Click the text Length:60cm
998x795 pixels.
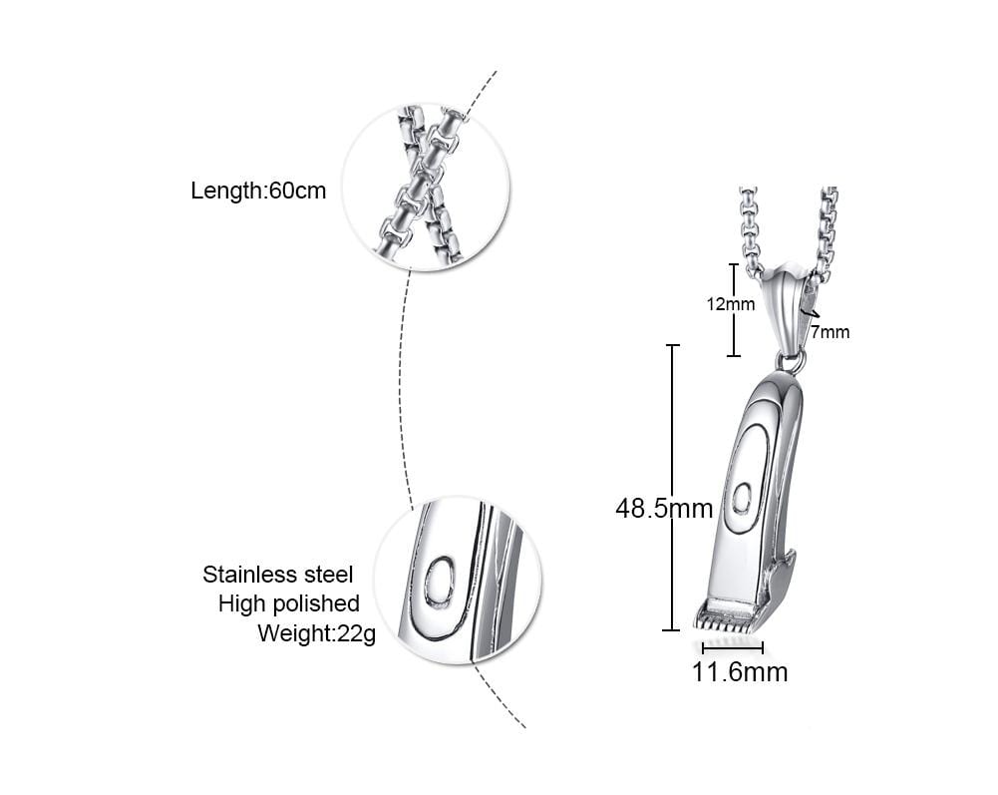(258, 191)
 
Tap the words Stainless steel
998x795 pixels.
(277, 574)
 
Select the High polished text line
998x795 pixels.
(288, 603)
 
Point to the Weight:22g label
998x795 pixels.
(316, 633)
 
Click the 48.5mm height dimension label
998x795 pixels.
(664, 509)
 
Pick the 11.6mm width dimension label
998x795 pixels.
(740, 672)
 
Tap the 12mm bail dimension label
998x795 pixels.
(731, 304)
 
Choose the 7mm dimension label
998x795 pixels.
(830, 332)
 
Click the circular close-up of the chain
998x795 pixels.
(426, 187)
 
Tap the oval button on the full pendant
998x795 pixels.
(742, 497)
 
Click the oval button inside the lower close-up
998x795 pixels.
(439, 582)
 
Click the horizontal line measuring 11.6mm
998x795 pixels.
(732, 647)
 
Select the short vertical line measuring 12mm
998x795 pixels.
(734, 309)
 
